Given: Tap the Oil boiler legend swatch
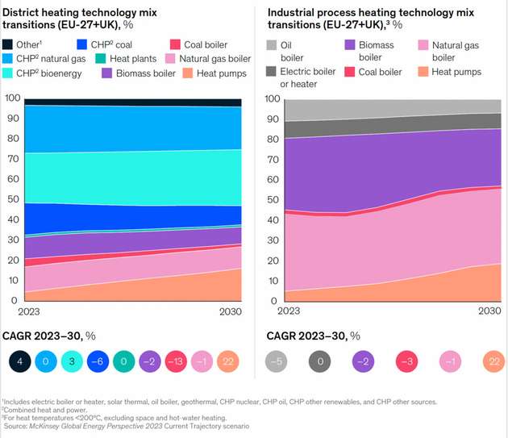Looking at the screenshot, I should click(272, 45).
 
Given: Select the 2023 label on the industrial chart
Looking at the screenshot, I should click(278, 311).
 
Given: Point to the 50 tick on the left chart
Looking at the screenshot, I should click(13, 199).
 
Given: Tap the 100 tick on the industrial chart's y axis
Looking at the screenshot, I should click(272, 98).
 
